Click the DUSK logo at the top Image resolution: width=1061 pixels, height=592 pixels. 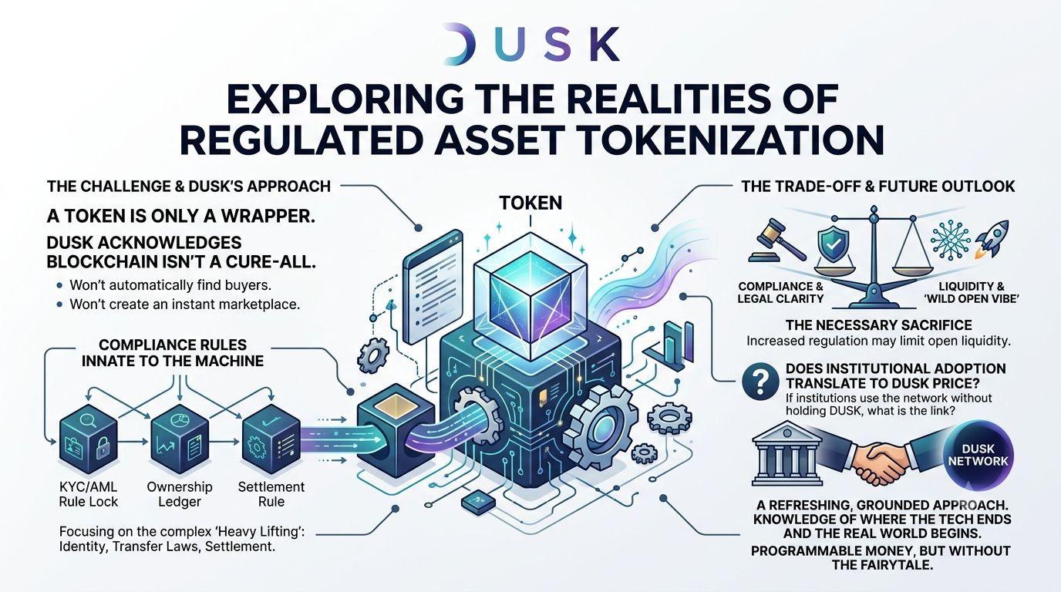[x=530, y=44]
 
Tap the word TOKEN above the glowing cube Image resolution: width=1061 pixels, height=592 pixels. [x=530, y=203]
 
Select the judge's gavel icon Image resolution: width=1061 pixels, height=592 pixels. [x=776, y=240]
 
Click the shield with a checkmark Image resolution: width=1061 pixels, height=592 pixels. [x=834, y=244]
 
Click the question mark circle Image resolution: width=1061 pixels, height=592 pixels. [x=761, y=382]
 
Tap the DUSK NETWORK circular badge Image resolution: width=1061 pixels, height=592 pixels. [x=978, y=455]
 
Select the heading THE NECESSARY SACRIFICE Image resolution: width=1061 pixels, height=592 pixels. [x=879, y=325]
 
